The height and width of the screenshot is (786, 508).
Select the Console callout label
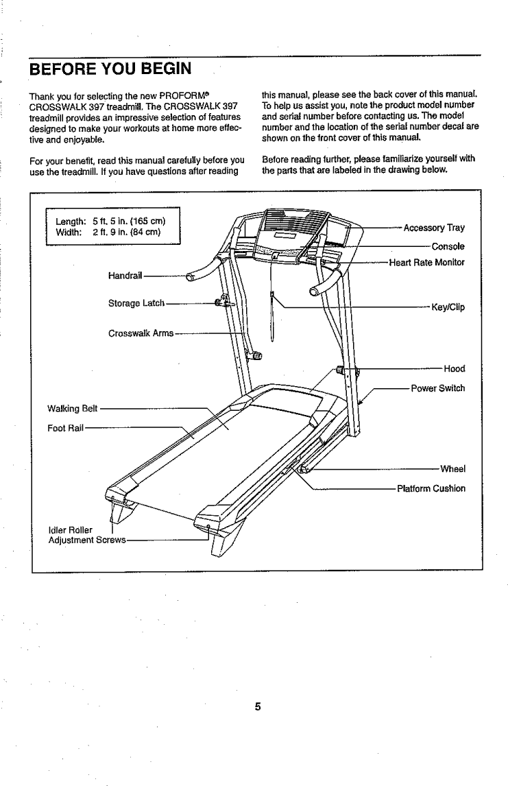coord(448,246)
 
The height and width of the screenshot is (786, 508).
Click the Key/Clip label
coord(447,307)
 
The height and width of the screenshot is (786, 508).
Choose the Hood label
coord(454,368)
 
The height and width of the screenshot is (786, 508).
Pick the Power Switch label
coord(437,388)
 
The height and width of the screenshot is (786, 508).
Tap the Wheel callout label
coord(452,470)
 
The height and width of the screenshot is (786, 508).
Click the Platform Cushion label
coord(431,489)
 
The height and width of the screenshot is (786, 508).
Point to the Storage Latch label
coord(136,303)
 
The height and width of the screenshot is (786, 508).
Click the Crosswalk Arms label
coord(141,334)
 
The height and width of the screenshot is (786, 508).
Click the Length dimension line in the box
coord(108,221)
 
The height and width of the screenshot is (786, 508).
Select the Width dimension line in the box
coord(108,231)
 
